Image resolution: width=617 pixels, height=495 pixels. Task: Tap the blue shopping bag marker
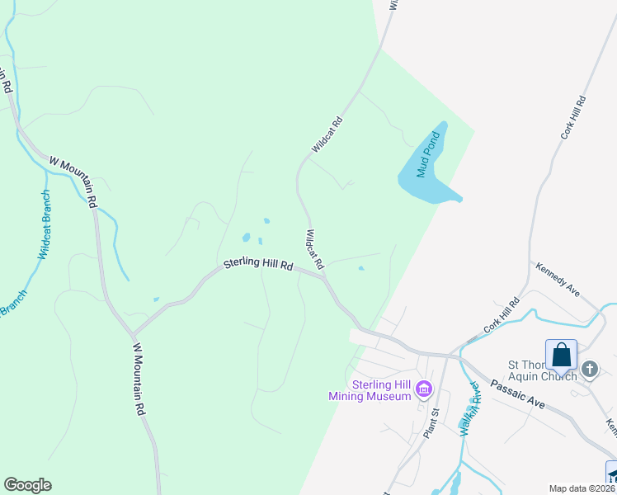[x=561, y=356]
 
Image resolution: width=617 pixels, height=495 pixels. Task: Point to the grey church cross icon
[x=590, y=368]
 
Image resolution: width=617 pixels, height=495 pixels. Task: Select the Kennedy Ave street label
[x=558, y=280]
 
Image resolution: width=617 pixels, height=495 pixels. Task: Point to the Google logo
[x=27, y=485]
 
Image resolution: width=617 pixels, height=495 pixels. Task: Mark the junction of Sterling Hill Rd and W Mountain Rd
[x=131, y=334]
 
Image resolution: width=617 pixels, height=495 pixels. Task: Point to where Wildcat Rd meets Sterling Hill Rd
[x=323, y=276]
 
